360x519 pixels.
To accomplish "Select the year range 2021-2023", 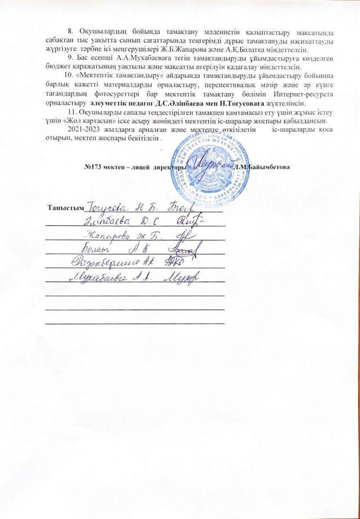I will [x=78, y=129].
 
